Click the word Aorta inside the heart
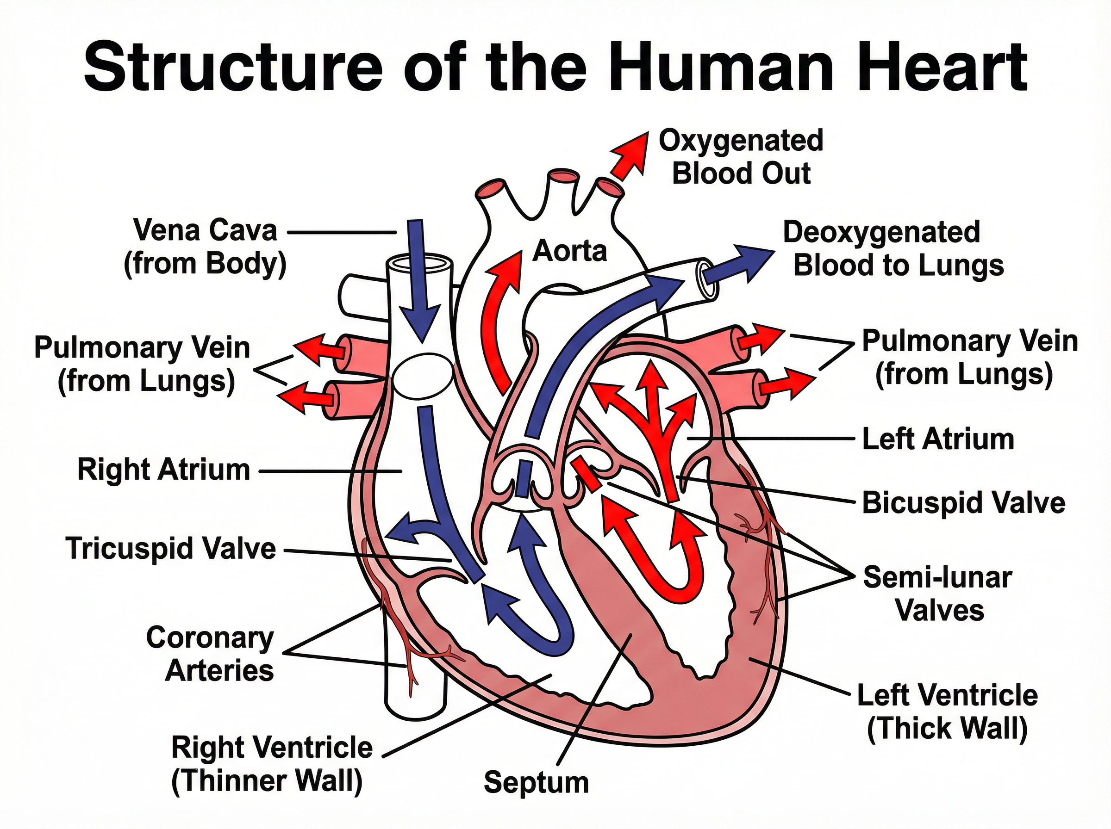pos(569,251)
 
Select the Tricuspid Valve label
pos(171,548)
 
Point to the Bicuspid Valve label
pos(963,502)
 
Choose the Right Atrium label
pos(164,470)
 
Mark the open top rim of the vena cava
pos(421,262)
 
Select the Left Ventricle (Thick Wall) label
pos(947,712)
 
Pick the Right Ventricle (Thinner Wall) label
pos(272,764)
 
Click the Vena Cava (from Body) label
pos(206,247)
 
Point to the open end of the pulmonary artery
pos(705,279)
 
